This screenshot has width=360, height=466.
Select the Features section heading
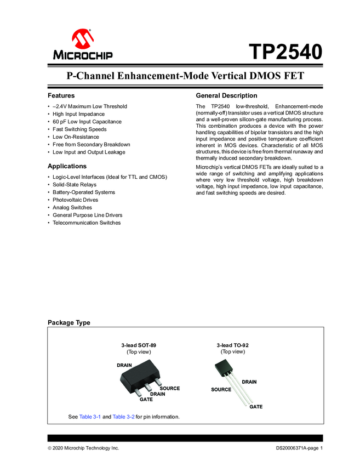(61, 95)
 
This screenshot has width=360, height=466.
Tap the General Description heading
(226, 95)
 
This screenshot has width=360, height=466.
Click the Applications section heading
(67, 166)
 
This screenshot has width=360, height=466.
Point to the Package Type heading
(69, 322)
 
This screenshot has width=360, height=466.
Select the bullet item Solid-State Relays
(75, 185)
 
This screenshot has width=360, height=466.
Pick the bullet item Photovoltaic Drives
(76, 200)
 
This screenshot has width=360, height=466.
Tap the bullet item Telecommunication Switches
(87, 223)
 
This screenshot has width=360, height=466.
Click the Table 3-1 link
(90, 417)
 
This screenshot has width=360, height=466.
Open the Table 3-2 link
(123, 417)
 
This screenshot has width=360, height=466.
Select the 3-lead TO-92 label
(232, 345)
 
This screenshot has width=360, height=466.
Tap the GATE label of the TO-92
(256, 407)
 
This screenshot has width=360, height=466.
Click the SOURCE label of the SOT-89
(169, 388)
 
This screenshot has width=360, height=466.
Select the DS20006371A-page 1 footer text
(299, 448)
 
